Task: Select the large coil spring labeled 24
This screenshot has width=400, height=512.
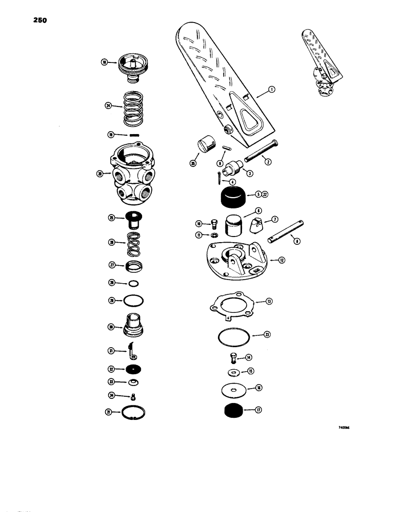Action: coord(132,106)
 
